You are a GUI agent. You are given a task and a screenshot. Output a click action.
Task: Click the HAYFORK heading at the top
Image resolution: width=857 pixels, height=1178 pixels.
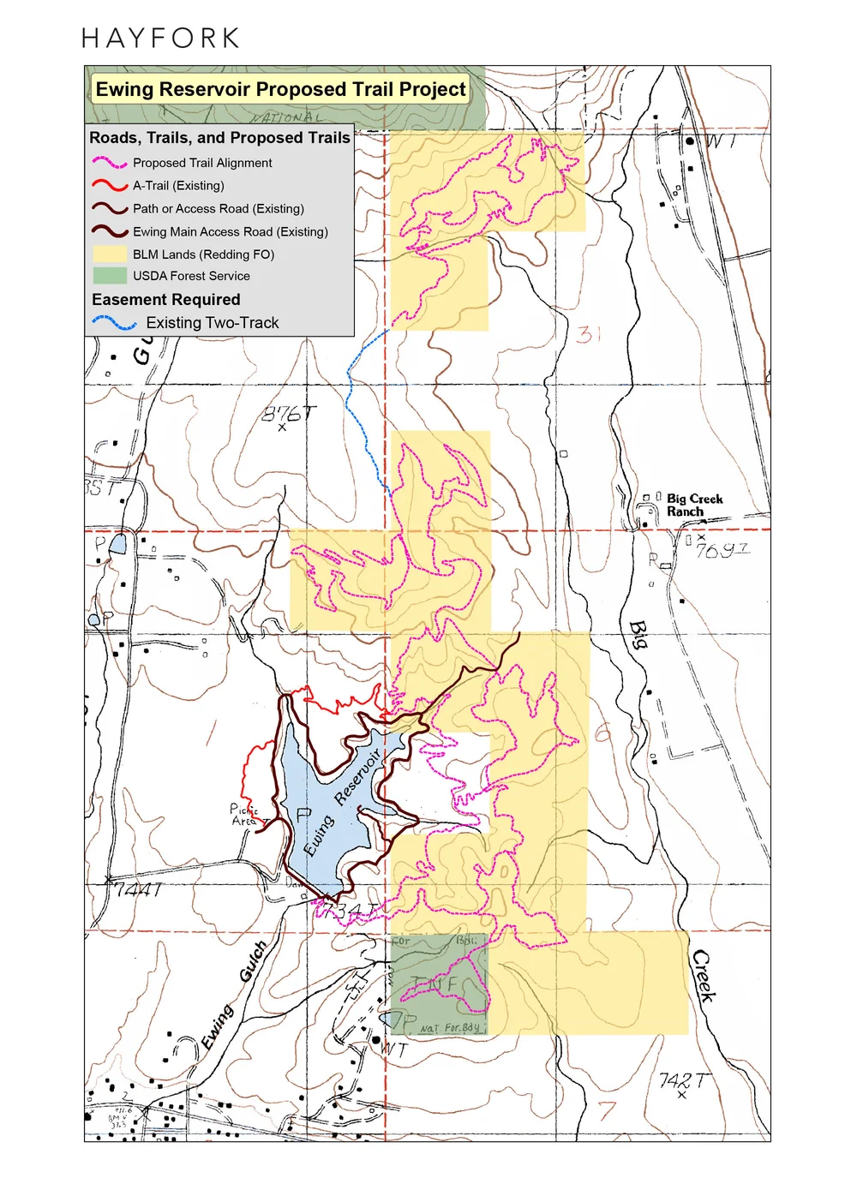coord(160,39)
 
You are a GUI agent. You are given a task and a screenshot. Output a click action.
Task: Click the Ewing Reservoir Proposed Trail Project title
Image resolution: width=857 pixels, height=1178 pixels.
coord(280,89)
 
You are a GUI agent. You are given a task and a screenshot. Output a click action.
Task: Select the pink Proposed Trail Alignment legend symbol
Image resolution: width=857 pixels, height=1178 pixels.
coord(110,163)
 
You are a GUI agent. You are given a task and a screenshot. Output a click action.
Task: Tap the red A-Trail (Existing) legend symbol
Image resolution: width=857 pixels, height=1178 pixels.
coord(110,186)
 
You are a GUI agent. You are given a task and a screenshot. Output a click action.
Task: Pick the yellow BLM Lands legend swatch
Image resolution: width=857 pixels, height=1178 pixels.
coord(110,254)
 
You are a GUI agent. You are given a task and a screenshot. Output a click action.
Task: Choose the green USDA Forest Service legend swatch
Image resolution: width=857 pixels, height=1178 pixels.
coord(110,276)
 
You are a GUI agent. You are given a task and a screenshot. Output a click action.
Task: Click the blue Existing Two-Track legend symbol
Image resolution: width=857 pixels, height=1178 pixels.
coord(114,323)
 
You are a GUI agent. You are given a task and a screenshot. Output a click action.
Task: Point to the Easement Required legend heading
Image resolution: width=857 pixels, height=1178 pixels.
coord(165,300)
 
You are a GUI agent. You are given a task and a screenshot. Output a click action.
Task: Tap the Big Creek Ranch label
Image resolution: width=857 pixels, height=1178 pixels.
coord(694,505)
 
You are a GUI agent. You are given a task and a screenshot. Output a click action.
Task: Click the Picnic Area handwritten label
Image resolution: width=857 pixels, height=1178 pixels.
coord(243,814)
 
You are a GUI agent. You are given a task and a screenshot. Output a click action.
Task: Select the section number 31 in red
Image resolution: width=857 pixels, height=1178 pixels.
coord(588,333)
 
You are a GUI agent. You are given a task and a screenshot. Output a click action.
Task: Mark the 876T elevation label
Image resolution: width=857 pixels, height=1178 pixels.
coord(289,414)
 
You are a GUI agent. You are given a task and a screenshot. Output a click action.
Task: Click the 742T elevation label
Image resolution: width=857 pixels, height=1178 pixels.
coord(684,1080)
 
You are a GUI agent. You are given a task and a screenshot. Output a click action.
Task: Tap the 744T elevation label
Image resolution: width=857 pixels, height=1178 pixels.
coord(137,889)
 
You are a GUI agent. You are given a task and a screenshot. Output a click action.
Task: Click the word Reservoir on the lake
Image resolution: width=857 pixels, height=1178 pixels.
coord(357,777)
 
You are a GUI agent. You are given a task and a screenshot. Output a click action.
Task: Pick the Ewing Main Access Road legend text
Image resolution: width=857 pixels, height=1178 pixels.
coord(230,231)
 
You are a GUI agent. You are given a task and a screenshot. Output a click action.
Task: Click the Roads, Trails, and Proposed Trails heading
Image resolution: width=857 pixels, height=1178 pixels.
coord(219,138)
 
